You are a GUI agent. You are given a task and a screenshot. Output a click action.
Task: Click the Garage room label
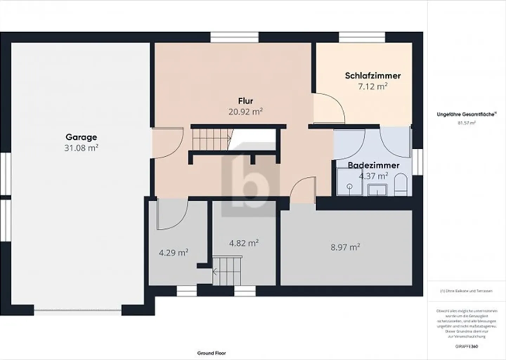[81, 137]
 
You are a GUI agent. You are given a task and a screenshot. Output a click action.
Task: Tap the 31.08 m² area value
[81, 148]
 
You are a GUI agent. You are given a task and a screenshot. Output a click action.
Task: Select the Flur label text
[245, 101]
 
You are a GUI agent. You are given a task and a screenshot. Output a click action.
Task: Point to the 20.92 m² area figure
[245, 112]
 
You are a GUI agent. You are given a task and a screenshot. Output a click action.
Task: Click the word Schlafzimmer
[373, 76]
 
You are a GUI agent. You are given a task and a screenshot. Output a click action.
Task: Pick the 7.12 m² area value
[373, 86]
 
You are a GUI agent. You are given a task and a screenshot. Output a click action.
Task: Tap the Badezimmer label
[374, 165]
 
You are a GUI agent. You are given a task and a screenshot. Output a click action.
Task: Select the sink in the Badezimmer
[377, 190]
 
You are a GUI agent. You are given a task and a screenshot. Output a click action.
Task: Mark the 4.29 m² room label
[174, 253]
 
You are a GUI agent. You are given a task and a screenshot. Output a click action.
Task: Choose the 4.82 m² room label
[244, 243]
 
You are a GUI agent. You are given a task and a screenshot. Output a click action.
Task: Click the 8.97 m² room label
[345, 247]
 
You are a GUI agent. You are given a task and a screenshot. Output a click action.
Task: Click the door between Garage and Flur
[167, 142]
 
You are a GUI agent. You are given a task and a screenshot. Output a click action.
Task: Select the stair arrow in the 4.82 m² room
[215, 271]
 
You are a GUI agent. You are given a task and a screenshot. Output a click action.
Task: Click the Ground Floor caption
[212, 353]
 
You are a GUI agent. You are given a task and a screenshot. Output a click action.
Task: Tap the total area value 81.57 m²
[466, 123]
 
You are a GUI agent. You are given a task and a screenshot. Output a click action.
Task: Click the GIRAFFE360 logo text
[467, 346]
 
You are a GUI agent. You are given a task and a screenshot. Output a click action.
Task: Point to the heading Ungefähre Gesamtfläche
[466, 114]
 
